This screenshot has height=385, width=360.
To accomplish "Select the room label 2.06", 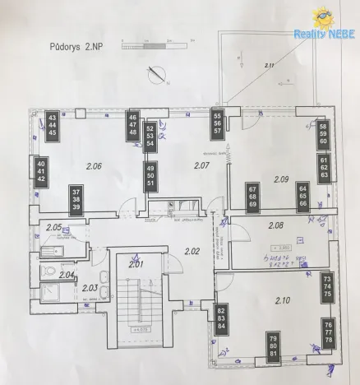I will pos(93,166).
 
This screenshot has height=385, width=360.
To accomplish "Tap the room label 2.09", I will pos(281,179).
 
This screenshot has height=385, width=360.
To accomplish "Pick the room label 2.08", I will pos(275,224).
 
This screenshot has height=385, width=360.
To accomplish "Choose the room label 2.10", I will pos(284,299).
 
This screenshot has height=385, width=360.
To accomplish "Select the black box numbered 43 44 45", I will pos(53,128).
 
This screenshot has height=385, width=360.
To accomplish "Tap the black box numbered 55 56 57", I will pos(218,123).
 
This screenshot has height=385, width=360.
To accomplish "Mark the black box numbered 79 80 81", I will pos(272,346).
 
